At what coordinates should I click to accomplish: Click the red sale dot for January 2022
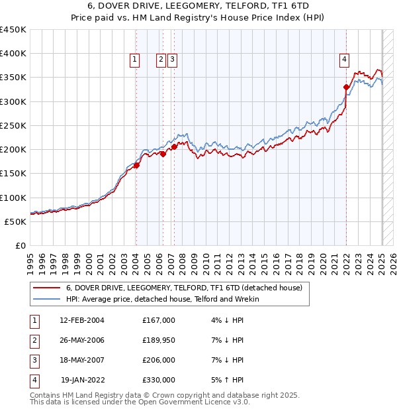(346, 87)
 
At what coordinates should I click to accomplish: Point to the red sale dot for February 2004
(136, 166)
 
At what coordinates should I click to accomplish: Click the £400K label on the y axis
(13, 54)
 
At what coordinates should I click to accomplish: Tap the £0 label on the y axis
(20, 245)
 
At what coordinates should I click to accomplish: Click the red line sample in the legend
(46, 288)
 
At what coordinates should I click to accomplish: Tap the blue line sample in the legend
(46, 300)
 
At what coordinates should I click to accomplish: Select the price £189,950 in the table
(158, 340)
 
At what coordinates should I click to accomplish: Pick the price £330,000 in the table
(158, 380)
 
